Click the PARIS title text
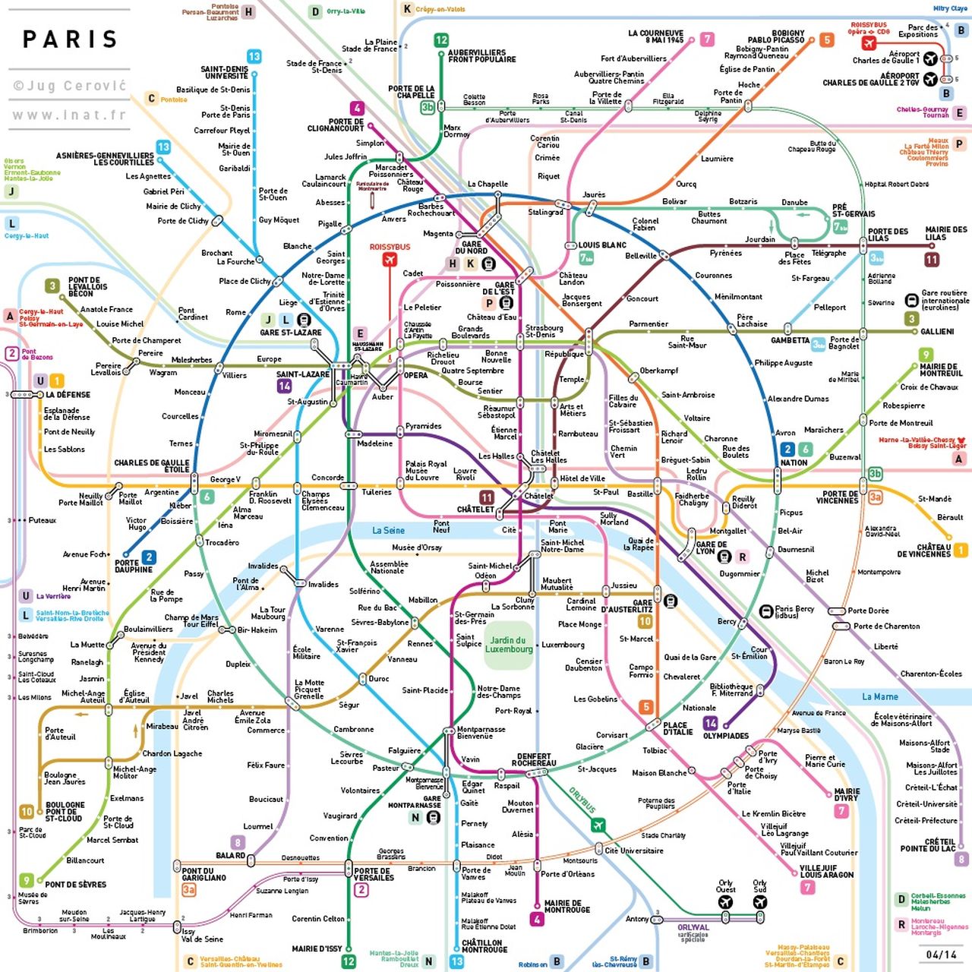[x=70, y=39]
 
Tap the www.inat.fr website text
[x=69, y=115]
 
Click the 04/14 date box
[x=942, y=954]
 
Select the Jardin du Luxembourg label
[x=509, y=645]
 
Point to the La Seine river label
[x=388, y=530]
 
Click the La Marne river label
[x=879, y=696]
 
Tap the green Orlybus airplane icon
[x=598, y=825]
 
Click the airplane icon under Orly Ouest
[x=725, y=902]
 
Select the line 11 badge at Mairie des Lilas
[x=932, y=260]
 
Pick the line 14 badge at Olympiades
[x=710, y=723]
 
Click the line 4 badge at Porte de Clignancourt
[x=356, y=109]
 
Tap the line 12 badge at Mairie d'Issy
[x=349, y=961]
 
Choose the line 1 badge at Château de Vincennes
[x=961, y=550]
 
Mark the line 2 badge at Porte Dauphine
[x=149, y=557]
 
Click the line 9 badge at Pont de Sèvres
[x=27, y=880]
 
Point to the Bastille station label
[x=639, y=494]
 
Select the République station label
[x=564, y=354]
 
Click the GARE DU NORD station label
[x=471, y=248]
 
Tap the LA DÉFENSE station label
[x=68, y=395]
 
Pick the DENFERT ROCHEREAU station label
[x=534, y=759]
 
